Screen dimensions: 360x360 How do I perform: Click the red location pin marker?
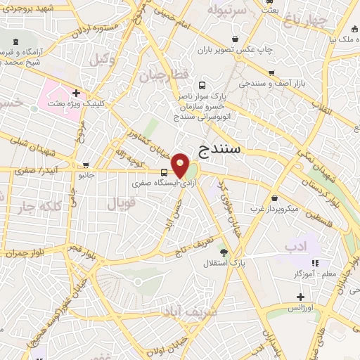point(181,165)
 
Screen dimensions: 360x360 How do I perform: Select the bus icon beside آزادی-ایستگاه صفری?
point(164,172)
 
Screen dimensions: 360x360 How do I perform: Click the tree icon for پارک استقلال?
point(224,252)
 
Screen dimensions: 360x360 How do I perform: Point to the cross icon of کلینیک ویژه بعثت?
point(76,93)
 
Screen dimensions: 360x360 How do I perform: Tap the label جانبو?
point(85,174)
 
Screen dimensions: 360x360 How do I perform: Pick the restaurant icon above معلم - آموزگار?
point(315,263)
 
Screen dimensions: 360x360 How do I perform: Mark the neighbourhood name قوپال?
point(120,204)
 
